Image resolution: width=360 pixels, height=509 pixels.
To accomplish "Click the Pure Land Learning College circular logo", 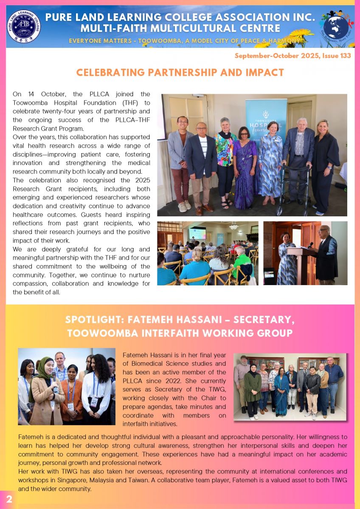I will point(24,26).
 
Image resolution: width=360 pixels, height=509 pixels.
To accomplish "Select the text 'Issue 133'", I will point(340,56).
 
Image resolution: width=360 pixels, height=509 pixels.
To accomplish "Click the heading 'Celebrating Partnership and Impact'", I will point(180,73).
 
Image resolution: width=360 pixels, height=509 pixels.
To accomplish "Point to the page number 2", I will point(8,499).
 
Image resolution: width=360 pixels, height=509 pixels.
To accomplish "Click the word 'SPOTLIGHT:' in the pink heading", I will point(94,319).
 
